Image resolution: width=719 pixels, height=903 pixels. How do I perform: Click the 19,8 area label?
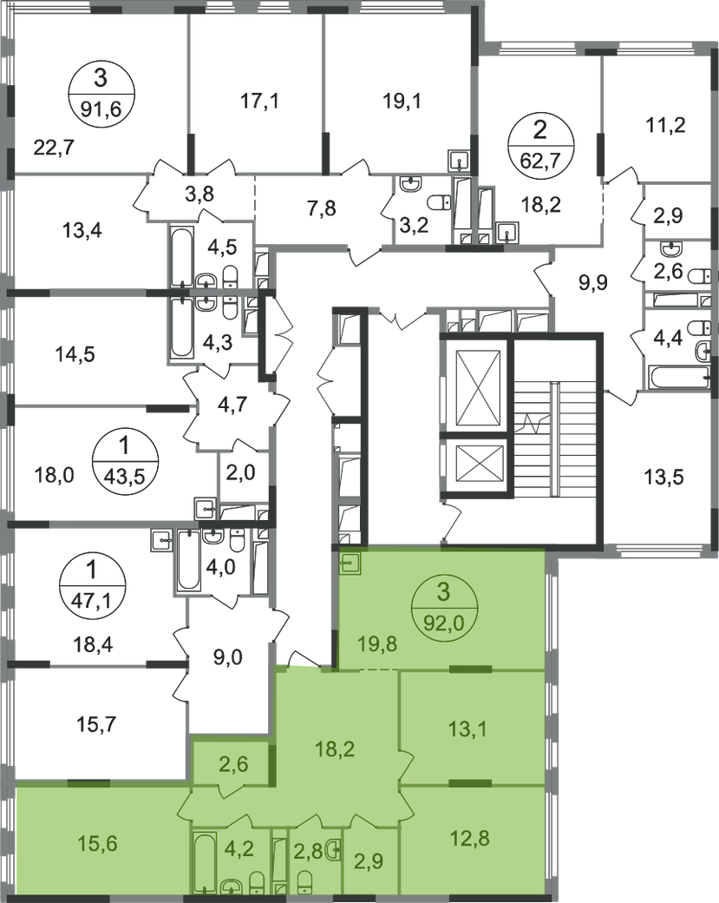[x=376, y=643]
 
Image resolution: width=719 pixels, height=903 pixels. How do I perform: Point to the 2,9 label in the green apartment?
[x=370, y=863]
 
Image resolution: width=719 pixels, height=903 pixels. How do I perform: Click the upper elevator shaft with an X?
[x=472, y=379]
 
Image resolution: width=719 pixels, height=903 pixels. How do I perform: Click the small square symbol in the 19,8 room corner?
[x=350, y=562]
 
